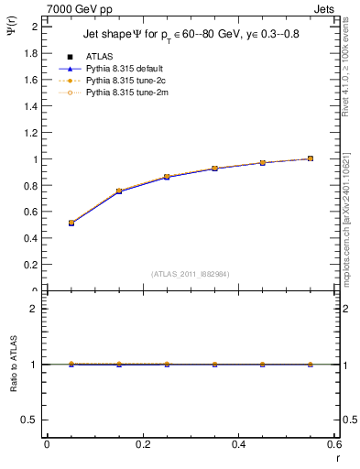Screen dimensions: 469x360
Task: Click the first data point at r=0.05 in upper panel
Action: click(x=71, y=223)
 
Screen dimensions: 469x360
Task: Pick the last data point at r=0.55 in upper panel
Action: click(x=311, y=158)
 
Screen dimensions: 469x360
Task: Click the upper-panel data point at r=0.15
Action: click(x=119, y=191)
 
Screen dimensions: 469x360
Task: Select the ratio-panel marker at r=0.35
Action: click(x=214, y=365)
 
